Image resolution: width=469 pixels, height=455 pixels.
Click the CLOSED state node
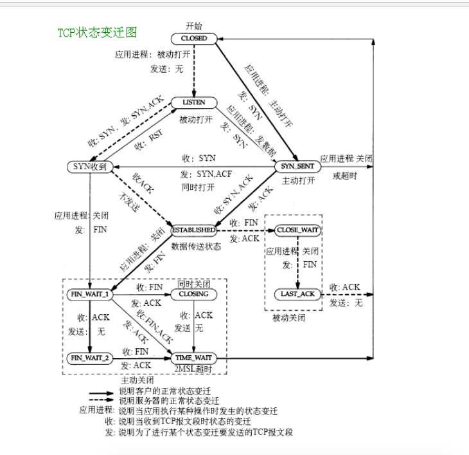point(194,39)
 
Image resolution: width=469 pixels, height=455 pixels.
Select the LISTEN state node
point(194,102)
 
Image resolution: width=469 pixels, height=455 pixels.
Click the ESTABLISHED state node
point(193,230)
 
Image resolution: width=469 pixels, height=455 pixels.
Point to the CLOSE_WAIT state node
point(297,230)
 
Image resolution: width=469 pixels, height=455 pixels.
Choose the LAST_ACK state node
point(297,293)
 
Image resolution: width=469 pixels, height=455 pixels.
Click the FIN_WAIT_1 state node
point(89,294)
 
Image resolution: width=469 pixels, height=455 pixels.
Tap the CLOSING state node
point(194,294)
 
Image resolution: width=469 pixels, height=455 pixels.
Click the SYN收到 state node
point(90,167)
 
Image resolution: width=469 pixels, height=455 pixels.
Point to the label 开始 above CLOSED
point(194,26)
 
